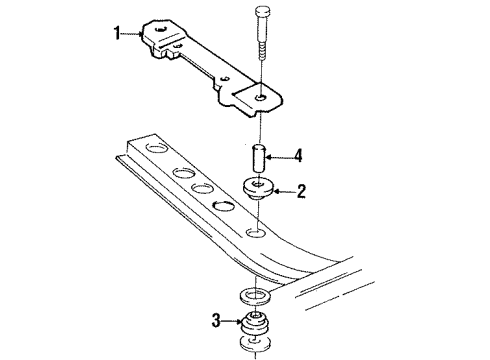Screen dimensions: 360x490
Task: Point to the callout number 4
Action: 297,156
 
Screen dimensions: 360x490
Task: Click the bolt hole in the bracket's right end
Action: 260,97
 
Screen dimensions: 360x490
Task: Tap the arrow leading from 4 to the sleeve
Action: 280,156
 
